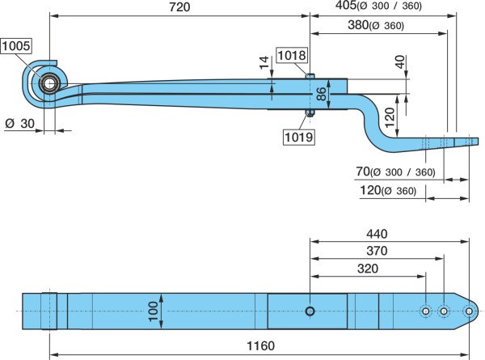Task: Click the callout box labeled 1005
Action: pyautogui.click(x=16, y=46)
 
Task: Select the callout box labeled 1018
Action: pyautogui.click(x=292, y=56)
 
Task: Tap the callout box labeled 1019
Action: pyautogui.click(x=299, y=137)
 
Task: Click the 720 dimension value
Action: pyautogui.click(x=179, y=7)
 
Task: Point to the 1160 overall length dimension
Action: pyautogui.click(x=260, y=345)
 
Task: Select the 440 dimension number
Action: pyautogui.click(x=377, y=234)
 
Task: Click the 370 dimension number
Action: pyautogui.click(x=377, y=251)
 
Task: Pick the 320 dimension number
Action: pyautogui.click(x=368, y=269)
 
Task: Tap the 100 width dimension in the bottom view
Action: pyautogui.click(x=154, y=311)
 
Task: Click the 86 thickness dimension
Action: pyautogui.click(x=322, y=94)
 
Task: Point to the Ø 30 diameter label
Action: pyautogui.click(x=19, y=124)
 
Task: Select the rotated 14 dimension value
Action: pyautogui.click(x=264, y=62)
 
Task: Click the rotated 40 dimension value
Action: pyautogui.click(x=399, y=61)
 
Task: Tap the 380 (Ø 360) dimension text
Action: pyautogui.click(x=376, y=25)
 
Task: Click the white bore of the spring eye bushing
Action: pyautogui.click(x=48, y=83)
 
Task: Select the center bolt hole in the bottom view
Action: pyautogui.click(x=310, y=311)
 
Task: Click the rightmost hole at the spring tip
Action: pyautogui.click(x=469, y=311)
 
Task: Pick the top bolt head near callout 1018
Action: pyautogui.click(x=310, y=76)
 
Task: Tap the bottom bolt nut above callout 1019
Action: pyautogui.click(x=310, y=112)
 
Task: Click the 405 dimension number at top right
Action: pyautogui.click(x=346, y=6)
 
